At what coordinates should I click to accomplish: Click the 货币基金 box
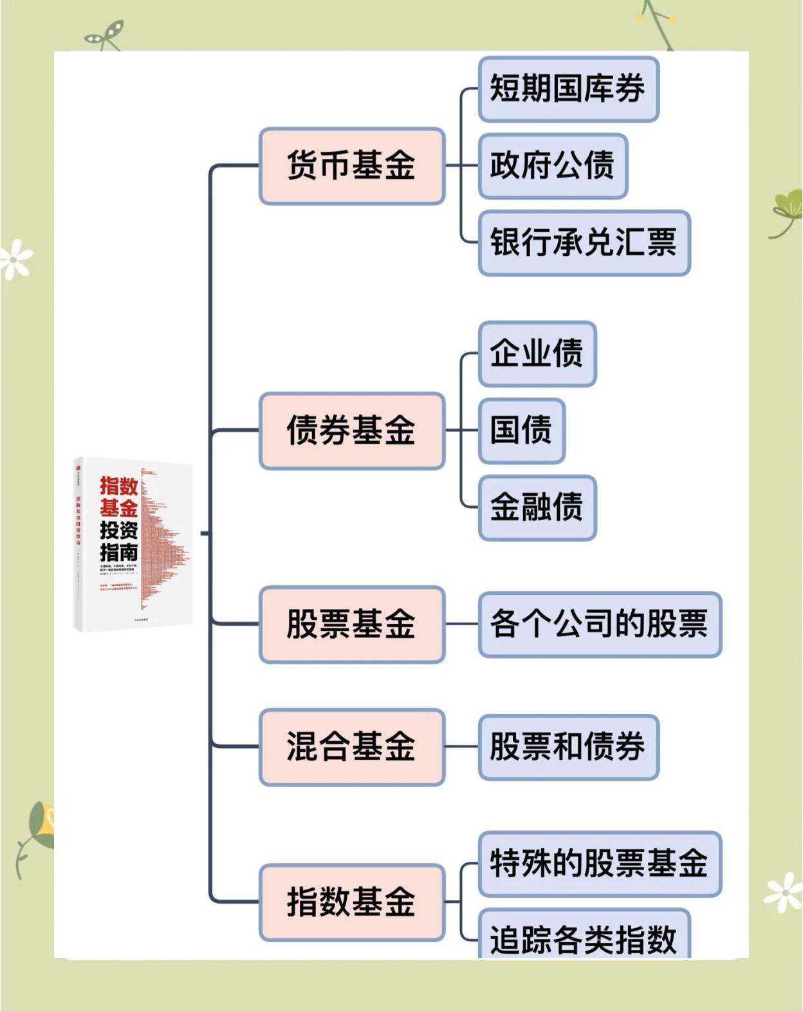pyautogui.click(x=352, y=166)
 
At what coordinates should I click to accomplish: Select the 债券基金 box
pyautogui.click(x=352, y=430)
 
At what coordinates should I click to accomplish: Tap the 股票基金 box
pyautogui.click(x=352, y=624)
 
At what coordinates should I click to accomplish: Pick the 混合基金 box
pyautogui.click(x=352, y=747)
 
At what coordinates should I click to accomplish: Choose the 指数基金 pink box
pyautogui.click(x=352, y=902)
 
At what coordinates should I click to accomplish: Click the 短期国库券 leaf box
pyautogui.click(x=568, y=89)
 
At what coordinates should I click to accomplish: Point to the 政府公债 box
pyautogui.click(x=553, y=166)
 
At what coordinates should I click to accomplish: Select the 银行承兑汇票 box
pyautogui.click(x=584, y=243)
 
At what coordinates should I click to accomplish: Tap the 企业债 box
pyautogui.click(x=537, y=353)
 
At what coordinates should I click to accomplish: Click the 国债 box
pyautogui.click(x=522, y=430)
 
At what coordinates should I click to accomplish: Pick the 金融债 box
pyautogui.click(x=537, y=507)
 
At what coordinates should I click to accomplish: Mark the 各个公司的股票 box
pyautogui.click(x=599, y=624)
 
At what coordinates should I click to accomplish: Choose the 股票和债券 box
pyautogui.click(x=568, y=747)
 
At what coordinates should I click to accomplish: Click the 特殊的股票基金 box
pyautogui.click(x=599, y=863)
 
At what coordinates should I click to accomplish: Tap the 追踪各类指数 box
pyautogui.click(x=584, y=936)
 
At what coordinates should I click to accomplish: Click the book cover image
pyautogui.click(x=133, y=543)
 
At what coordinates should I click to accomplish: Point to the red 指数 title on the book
pyautogui.click(x=119, y=486)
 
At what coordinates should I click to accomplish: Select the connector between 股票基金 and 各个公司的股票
pyautogui.click(x=461, y=624)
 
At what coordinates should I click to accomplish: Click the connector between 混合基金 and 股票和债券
pyautogui.click(x=461, y=747)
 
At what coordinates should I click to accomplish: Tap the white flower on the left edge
pyautogui.click(x=15, y=259)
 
